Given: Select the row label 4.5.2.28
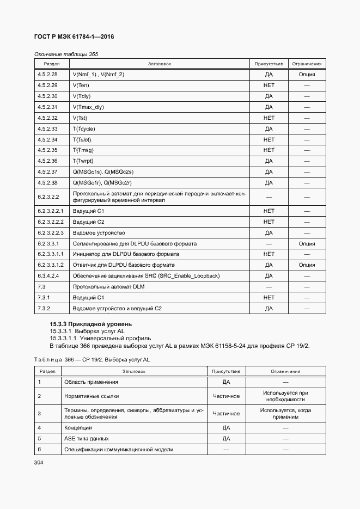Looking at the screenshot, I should click(47, 74).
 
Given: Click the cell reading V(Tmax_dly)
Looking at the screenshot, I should click(88, 107).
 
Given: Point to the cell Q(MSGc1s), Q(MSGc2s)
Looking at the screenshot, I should click(103, 172).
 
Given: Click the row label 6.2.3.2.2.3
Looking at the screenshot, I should click(51, 232).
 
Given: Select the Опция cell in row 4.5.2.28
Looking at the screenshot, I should click(307, 74).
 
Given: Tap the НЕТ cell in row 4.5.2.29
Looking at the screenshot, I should click(269, 85).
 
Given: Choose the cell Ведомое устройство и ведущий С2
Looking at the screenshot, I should click(117, 309).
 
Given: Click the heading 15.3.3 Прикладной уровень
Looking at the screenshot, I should click(83, 324).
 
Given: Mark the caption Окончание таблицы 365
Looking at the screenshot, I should click(66, 54).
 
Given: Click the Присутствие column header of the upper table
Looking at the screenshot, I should click(269, 64).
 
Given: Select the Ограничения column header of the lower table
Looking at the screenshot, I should click(285, 371).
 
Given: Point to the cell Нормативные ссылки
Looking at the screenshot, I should click(91, 397).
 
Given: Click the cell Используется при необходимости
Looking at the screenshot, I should click(285, 397).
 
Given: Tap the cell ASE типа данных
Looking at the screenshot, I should click(87, 438).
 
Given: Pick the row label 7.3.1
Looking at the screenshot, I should click(44, 298).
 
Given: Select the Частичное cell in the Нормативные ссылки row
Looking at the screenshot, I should click(226, 397).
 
